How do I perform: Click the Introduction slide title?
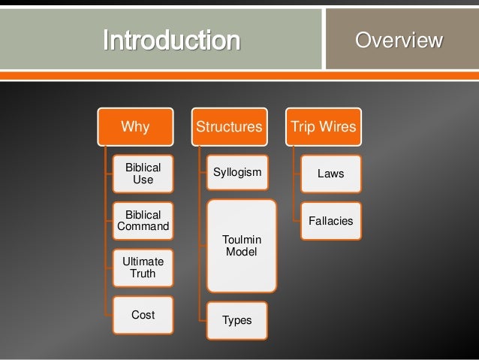click(171, 40)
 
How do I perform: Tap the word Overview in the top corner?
click(399, 40)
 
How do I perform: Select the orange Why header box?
click(135, 126)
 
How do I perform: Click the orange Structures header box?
click(229, 126)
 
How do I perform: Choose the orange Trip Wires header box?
click(323, 126)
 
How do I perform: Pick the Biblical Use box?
click(143, 174)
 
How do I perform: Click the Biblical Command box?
click(143, 220)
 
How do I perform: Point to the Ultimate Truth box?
click(143, 268)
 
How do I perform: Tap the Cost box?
click(143, 315)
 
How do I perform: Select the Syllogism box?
click(237, 174)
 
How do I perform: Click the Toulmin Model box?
click(241, 246)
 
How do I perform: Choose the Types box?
click(237, 320)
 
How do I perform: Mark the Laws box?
click(331, 174)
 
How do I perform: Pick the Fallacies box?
click(331, 221)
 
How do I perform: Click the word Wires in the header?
click(338, 126)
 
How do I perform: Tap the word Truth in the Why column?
click(143, 274)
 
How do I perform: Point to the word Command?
click(143, 226)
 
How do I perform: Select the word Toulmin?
click(241, 240)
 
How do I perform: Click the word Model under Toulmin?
click(241, 252)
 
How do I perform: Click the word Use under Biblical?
click(143, 180)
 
